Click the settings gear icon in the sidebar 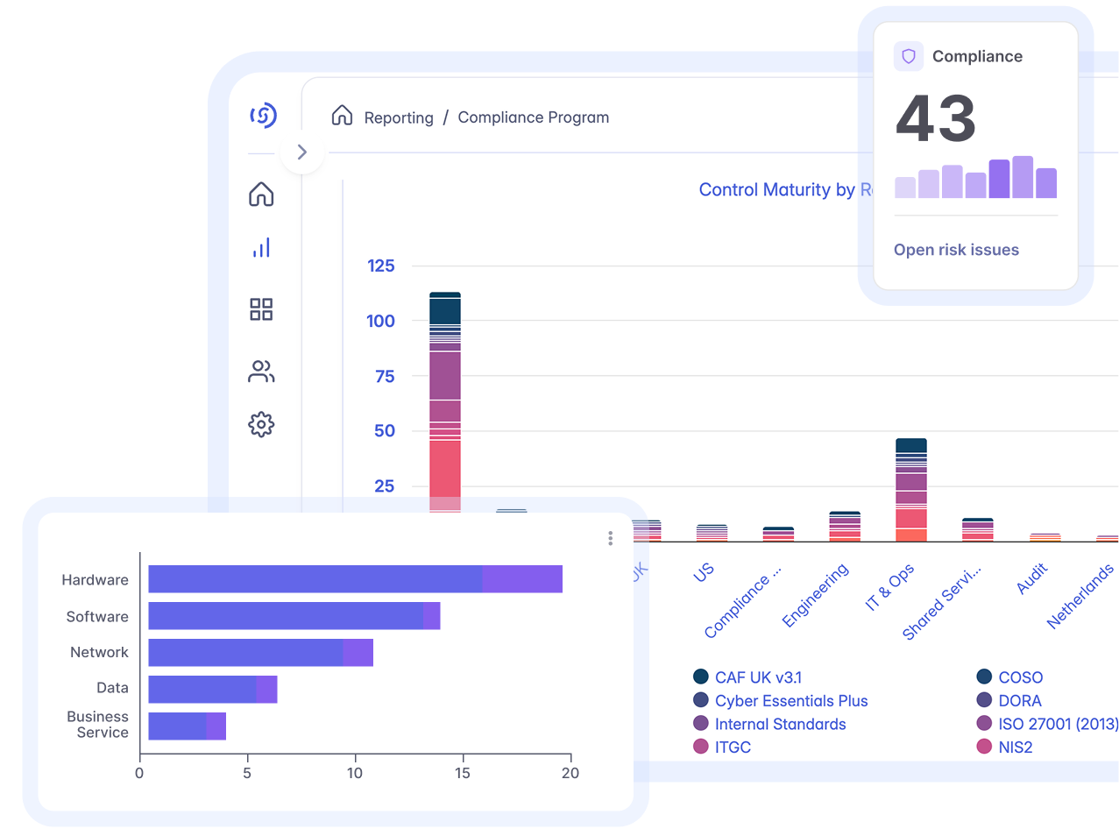point(261,425)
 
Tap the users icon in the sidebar point(261,372)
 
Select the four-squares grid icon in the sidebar point(261,309)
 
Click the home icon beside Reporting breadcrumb point(342,116)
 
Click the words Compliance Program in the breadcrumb point(533,117)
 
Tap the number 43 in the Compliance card point(935,119)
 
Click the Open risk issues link point(956,250)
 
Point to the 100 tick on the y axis point(380,321)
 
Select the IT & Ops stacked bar point(911,491)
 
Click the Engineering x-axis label point(815,595)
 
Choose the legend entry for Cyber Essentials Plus point(790,701)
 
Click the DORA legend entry point(1019,701)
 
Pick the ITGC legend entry point(732,747)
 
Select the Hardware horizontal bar point(355,579)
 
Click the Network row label point(99,652)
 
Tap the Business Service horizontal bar point(187,726)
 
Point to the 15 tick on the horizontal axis point(462,773)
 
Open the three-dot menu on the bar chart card point(610,538)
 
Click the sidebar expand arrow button point(302,152)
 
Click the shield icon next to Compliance point(909,56)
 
